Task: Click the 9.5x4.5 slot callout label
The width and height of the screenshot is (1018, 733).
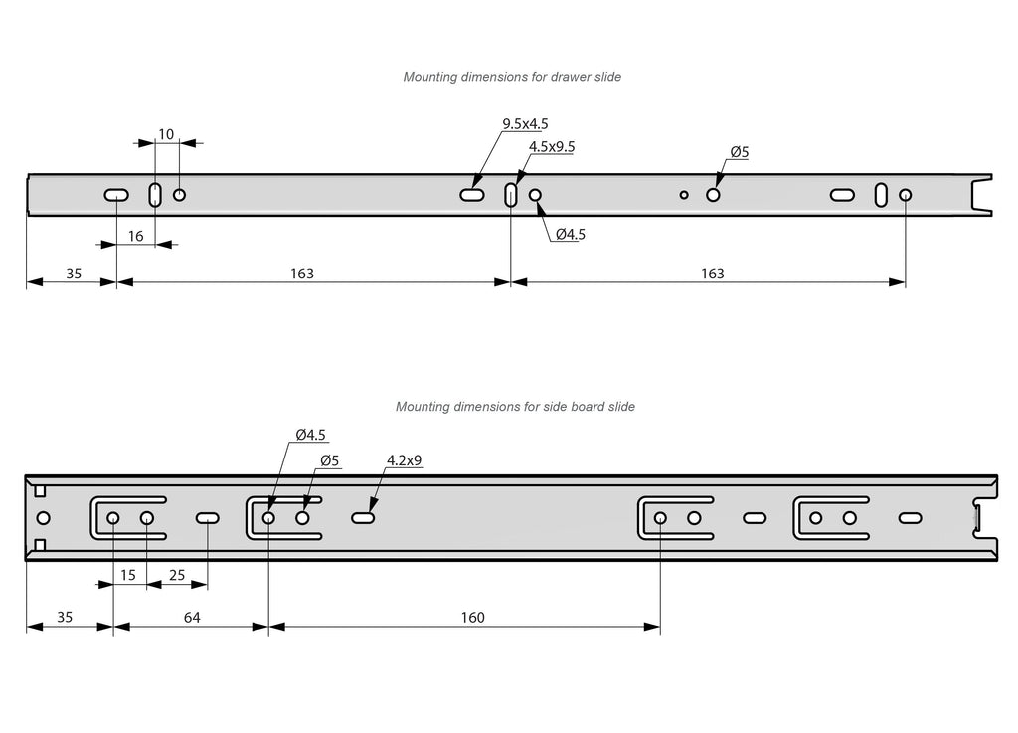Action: (525, 124)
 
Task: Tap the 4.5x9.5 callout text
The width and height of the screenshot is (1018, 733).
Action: (552, 146)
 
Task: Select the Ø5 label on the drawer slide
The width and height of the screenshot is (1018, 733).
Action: (739, 152)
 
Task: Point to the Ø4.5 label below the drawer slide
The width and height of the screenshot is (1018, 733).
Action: (571, 235)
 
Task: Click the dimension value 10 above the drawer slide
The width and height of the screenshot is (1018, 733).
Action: (166, 134)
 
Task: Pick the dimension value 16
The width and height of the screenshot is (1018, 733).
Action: (136, 236)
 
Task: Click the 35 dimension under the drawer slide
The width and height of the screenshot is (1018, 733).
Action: (74, 274)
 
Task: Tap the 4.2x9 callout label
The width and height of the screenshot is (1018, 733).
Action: (405, 460)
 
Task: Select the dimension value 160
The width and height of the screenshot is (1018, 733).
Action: (473, 618)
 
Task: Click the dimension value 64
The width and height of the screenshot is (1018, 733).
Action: (192, 618)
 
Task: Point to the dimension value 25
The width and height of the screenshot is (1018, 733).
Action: (177, 575)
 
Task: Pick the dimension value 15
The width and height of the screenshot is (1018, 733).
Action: (128, 575)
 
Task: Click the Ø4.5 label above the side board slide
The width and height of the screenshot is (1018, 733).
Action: (310, 435)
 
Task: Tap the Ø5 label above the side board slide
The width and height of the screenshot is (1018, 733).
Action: (330, 460)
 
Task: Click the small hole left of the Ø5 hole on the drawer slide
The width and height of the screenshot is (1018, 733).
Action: (684, 194)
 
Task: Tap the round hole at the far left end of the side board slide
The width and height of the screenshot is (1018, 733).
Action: (43, 518)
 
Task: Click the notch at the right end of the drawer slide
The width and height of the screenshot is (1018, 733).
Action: (981, 194)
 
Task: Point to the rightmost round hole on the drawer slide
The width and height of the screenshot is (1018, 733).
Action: (905, 194)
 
